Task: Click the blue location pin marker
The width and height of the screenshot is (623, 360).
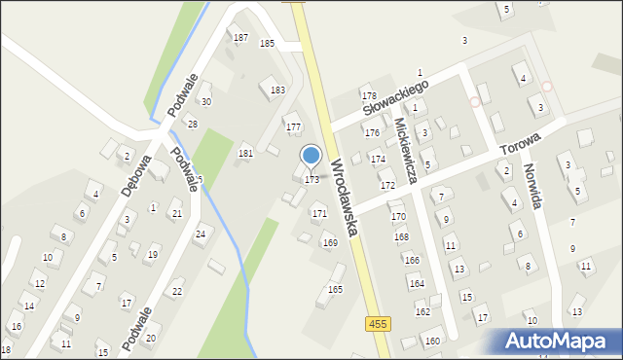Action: point(311,156)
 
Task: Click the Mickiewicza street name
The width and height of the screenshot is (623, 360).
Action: point(407,151)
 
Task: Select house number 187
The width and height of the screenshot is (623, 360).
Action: point(239,38)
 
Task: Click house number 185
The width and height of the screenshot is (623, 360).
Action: point(267,44)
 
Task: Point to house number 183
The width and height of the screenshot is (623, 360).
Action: point(277,90)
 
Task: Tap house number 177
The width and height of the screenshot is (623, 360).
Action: point(292,127)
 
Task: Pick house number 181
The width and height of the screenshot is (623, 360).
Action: point(245,154)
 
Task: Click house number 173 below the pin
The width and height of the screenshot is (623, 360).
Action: point(311,180)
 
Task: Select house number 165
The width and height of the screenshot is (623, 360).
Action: point(335,289)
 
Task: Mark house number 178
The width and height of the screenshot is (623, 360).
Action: point(369,95)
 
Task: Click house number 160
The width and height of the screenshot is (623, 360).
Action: point(431,341)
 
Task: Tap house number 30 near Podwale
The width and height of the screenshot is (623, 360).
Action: point(205,101)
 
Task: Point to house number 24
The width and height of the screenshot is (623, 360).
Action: point(201,234)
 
